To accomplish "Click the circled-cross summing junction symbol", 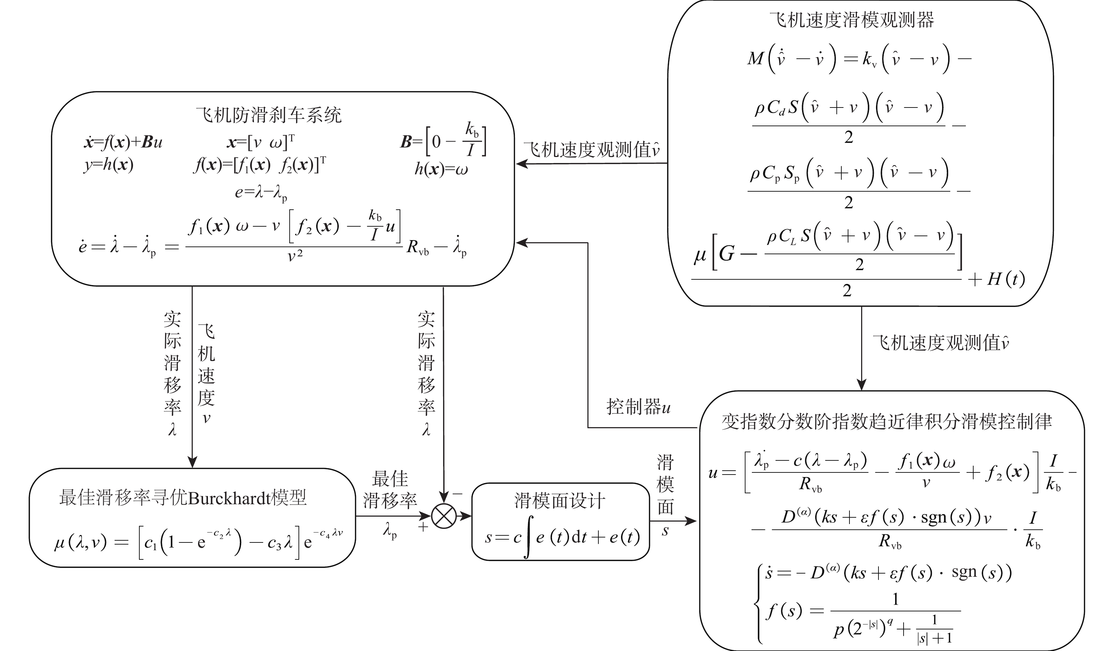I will coord(443,516).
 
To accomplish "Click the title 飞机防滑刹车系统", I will coord(269,115).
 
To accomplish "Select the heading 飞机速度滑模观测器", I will coord(852,20).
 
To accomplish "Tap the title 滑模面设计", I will coord(560,501).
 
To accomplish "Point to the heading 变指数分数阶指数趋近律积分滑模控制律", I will coord(886,422).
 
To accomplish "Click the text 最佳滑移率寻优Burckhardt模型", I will coord(182,498).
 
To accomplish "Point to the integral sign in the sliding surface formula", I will coord(528,537).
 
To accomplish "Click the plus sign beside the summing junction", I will coord(423,527).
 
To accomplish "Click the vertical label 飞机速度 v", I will coord(206,373).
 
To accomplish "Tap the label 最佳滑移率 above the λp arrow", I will coord(390,490).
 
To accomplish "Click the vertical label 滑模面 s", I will coord(665,495).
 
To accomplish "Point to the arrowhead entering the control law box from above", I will coord(861,384).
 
